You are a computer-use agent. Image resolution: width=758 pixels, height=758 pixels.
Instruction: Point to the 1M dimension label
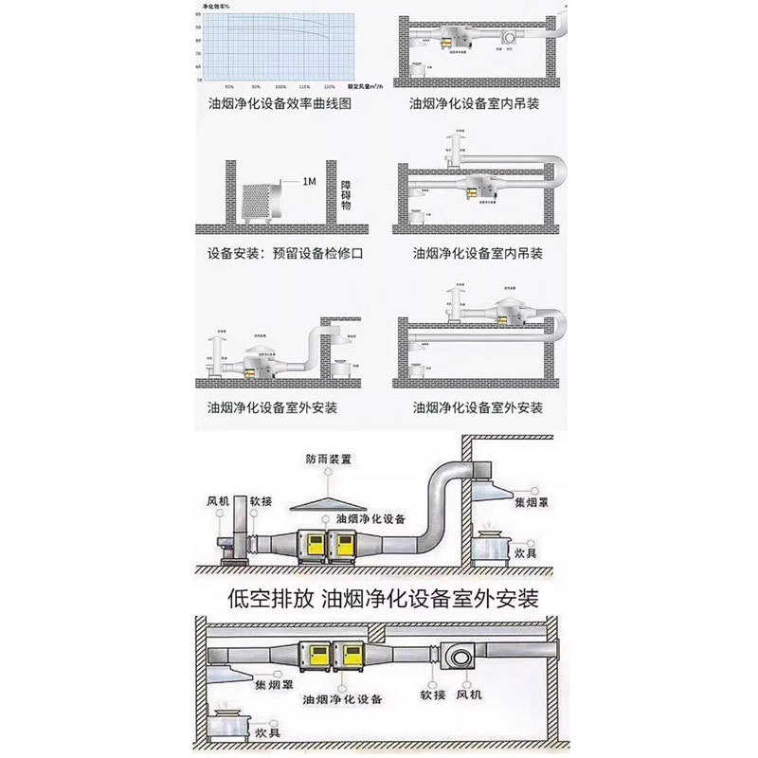point(309,181)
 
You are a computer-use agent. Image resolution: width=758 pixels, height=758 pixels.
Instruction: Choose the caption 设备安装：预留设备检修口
point(285,254)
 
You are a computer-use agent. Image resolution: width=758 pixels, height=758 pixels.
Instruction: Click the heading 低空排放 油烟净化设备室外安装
point(384,598)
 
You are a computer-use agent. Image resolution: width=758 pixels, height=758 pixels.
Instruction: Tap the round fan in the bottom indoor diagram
point(460,655)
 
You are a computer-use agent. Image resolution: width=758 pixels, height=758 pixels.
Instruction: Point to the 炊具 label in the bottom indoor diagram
point(266,732)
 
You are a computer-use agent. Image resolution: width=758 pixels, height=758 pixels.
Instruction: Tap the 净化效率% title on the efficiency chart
point(217,6)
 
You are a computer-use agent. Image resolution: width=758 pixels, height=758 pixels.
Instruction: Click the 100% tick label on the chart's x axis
point(280,85)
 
